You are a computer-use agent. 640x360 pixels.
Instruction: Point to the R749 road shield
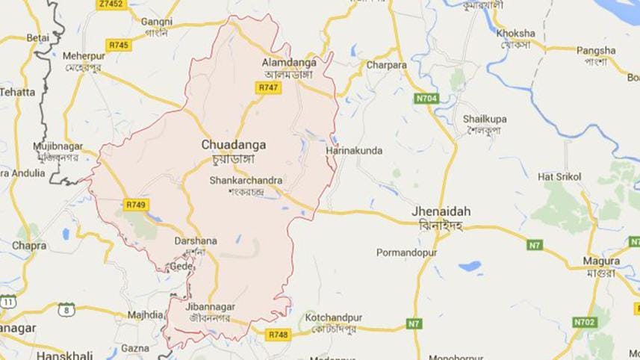tap(135, 204)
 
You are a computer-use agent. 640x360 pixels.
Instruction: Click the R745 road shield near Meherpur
tap(117, 46)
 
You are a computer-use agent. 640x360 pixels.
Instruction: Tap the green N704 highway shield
tap(426, 97)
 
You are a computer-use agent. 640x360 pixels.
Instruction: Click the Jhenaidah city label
tap(441, 211)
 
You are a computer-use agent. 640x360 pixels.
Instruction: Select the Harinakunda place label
tap(354, 151)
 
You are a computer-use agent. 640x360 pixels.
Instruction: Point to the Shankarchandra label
tap(246, 179)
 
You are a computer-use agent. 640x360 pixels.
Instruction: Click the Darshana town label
tap(195, 241)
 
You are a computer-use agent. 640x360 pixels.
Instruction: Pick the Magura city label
tap(602, 261)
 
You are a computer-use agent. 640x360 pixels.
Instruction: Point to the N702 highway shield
tap(584, 322)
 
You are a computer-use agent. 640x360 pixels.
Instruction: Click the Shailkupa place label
tap(485, 120)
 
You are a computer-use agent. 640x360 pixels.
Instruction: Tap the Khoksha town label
tap(514, 34)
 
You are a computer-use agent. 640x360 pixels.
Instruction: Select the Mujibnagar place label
tap(56, 146)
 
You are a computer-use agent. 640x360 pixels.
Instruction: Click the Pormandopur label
tap(406, 252)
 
